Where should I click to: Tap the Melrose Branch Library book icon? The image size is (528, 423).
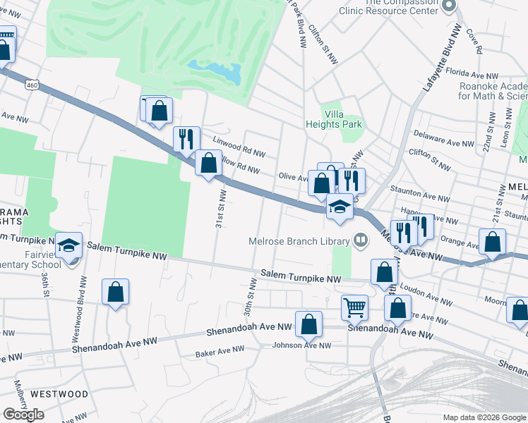click(361, 240)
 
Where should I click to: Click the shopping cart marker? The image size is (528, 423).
click(354, 307)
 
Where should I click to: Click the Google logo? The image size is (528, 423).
click(23, 414)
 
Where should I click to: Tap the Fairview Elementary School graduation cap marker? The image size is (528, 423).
click(69, 245)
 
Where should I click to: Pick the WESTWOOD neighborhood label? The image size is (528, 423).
click(59, 393)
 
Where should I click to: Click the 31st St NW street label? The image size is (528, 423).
click(220, 208)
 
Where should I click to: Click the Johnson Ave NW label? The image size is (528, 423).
click(301, 345)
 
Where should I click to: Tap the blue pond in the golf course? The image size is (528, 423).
click(214, 70)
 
